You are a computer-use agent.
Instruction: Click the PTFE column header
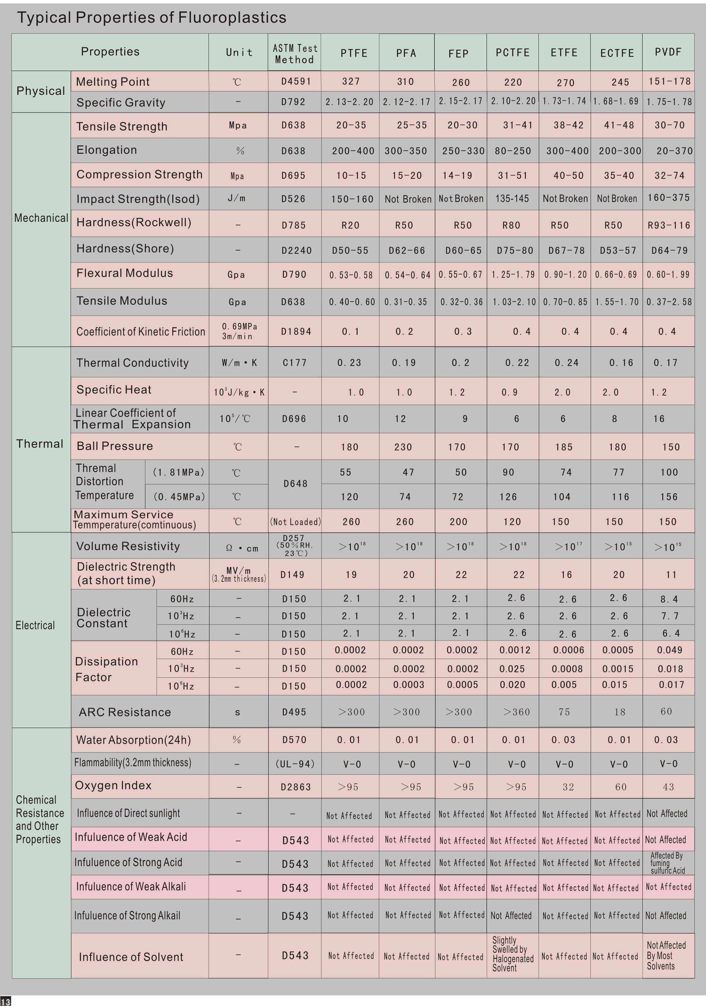click(x=354, y=53)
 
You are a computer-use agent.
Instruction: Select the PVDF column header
click(x=668, y=52)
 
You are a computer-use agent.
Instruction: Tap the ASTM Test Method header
click(x=295, y=54)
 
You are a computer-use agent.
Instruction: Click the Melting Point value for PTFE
click(x=351, y=82)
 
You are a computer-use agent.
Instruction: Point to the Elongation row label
click(x=106, y=150)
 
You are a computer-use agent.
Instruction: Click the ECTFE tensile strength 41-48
click(x=619, y=125)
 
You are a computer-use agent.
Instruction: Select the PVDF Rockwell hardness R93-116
click(x=669, y=225)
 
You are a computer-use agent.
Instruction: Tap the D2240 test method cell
click(x=296, y=250)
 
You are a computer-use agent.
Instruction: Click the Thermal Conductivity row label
click(x=132, y=363)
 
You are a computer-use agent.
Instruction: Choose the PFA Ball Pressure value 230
click(x=403, y=447)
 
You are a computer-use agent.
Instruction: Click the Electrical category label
click(x=35, y=625)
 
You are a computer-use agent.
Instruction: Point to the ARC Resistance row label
click(x=125, y=712)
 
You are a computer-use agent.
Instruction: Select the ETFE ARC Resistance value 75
click(x=564, y=712)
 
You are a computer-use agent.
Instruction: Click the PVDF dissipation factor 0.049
click(x=669, y=650)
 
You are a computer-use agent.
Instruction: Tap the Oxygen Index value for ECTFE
click(x=621, y=787)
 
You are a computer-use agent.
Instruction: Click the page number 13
click(x=6, y=1002)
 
